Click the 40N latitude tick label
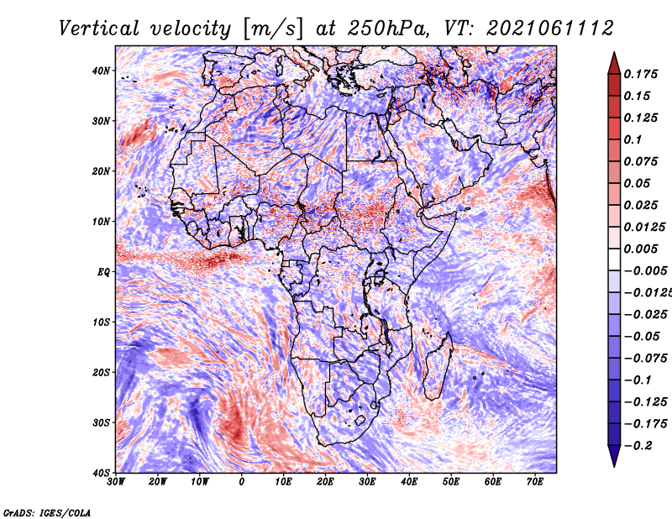pyautogui.click(x=101, y=71)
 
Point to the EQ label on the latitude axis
pyautogui.click(x=103, y=272)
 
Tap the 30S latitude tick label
pyautogui.click(x=101, y=423)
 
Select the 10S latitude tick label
pyautogui.click(x=101, y=322)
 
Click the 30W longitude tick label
pyautogui.click(x=116, y=482)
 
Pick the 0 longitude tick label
pyautogui.click(x=242, y=482)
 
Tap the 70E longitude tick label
pyautogui.click(x=534, y=482)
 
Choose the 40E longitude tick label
pyautogui.click(x=409, y=482)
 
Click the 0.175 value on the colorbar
pyautogui.click(x=640, y=74)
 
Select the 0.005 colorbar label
pyautogui.click(x=640, y=249)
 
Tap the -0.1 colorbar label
pyautogui.click(x=638, y=380)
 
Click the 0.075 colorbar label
pyautogui.click(x=640, y=161)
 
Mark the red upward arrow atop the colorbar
pyautogui.click(x=614, y=64)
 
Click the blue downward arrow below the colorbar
pyautogui.click(x=614, y=456)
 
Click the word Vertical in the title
pyautogui.click(x=99, y=29)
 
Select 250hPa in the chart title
pyautogui.click(x=386, y=29)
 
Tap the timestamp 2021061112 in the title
pyautogui.click(x=549, y=29)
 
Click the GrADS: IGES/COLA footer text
pyautogui.click(x=47, y=512)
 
